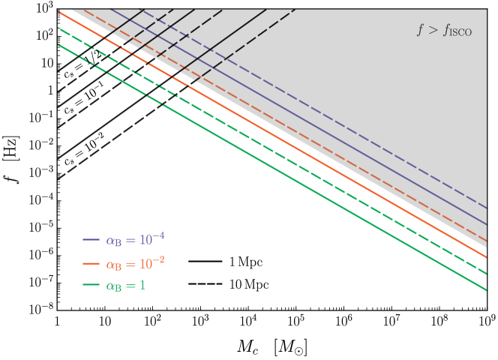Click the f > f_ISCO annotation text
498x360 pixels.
click(444, 31)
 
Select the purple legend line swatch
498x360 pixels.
click(91, 241)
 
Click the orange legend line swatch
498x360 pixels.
click(91, 264)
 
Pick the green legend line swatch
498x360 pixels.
click(91, 286)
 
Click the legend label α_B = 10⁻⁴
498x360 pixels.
click(135, 240)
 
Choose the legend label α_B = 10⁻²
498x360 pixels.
click(135, 263)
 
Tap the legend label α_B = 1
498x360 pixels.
click(125, 286)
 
